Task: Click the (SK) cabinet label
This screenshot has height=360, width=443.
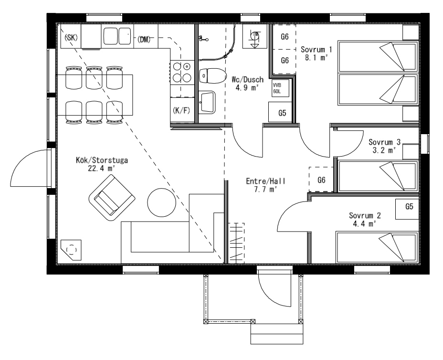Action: click(71, 37)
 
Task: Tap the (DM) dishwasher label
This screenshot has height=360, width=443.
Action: click(144, 39)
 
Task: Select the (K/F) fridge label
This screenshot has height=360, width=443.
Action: click(181, 110)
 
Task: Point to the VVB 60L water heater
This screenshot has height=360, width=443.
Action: click(281, 88)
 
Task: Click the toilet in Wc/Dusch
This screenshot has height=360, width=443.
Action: click(212, 75)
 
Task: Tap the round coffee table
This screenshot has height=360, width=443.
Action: click(162, 202)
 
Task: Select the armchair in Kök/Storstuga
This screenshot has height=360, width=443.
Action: click(112, 198)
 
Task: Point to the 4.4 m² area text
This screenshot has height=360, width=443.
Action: click(364, 224)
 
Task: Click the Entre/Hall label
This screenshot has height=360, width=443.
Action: click(265, 181)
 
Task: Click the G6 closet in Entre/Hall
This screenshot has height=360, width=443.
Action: click(321, 180)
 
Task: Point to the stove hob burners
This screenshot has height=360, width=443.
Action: click(182, 73)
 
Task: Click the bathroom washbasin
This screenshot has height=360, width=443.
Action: click(207, 102)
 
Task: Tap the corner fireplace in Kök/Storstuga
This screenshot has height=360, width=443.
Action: click(71, 250)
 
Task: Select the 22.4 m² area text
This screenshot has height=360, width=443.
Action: click(101, 169)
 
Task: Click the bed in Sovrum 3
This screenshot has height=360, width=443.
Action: click(378, 176)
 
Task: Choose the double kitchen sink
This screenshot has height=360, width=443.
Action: click(117, 36)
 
